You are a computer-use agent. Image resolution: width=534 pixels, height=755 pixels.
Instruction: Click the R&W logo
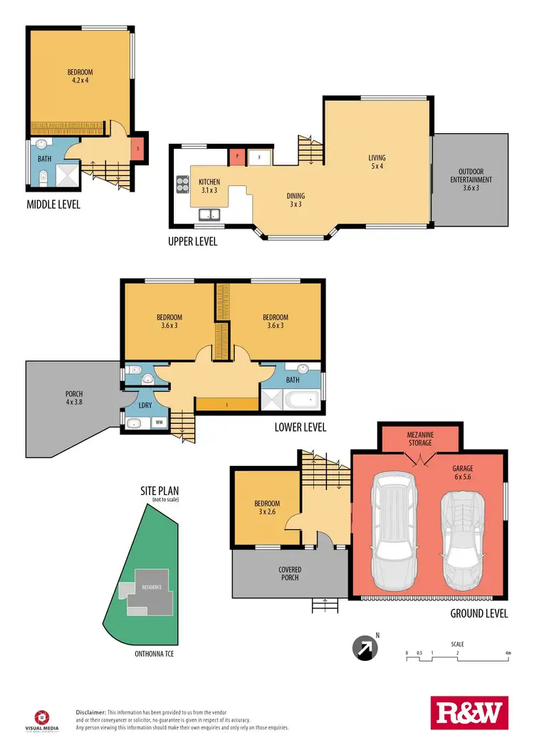click(468, 713)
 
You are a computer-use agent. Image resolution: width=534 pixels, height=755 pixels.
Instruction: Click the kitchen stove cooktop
click(181, 184)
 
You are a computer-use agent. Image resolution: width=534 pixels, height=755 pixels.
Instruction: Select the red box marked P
click(235, 156)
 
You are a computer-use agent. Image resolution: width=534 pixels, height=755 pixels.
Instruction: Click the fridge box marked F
click(259, 156)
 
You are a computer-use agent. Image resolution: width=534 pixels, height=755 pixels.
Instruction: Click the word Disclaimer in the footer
click(91, 712)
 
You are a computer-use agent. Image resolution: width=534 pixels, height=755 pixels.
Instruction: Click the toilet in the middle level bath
click(43, 177)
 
